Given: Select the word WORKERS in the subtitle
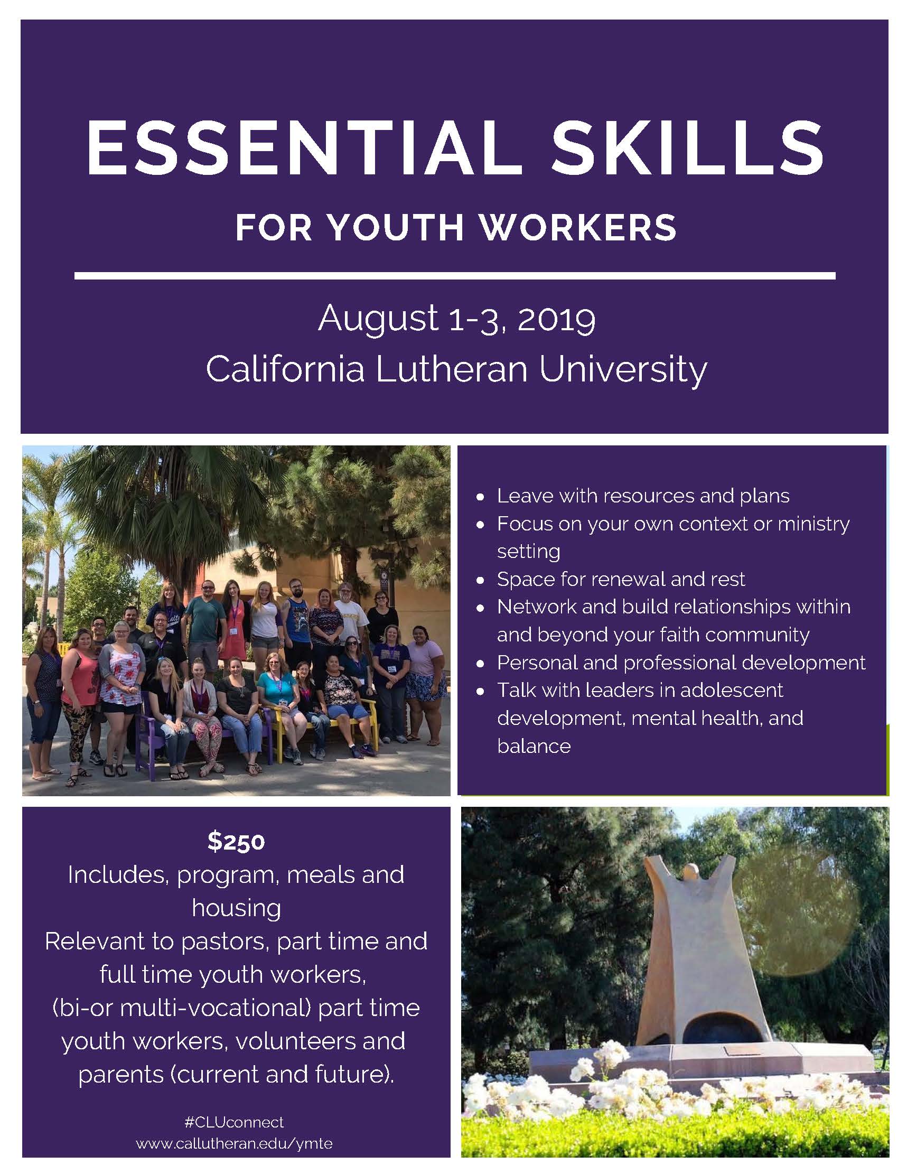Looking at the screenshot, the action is (x=577, y=227).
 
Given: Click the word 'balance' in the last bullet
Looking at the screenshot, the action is (x=534, y=746).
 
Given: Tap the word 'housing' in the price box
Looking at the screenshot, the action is (x=237, y=908).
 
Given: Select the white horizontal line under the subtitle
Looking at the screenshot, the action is (x=455, y=276).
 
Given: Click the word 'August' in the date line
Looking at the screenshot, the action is (x=378, y=319).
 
